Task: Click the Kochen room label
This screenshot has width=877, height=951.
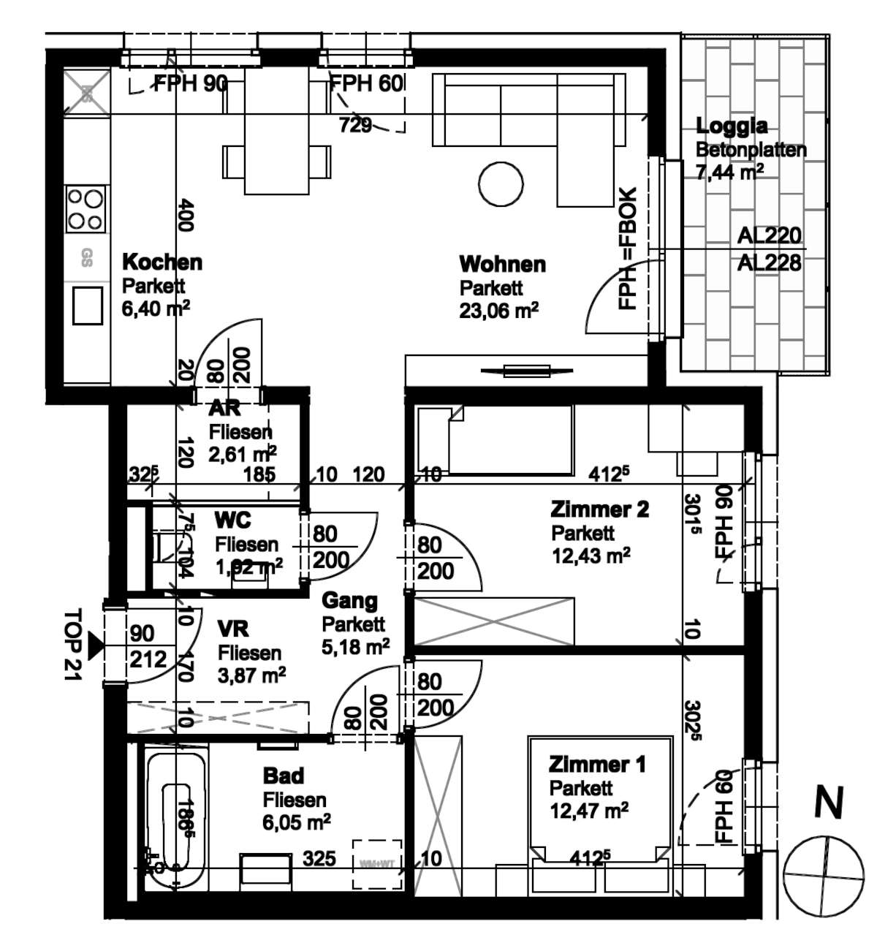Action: coord(162,262)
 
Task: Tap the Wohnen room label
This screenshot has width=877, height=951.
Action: coord(502,264)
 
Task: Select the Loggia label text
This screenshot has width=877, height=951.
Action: coord(732,126)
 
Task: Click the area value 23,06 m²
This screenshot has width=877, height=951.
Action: coord(498,311)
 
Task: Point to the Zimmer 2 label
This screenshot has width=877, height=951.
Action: coord(599,509)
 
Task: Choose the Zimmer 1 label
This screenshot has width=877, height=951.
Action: coord(597,765)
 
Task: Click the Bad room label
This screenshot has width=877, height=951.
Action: coord(284,776)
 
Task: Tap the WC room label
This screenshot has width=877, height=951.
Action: coord(232,520)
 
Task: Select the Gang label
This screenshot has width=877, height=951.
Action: coord(350,601)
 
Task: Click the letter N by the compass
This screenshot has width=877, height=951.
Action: coord(828,803)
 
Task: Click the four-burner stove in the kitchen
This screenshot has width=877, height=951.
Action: coord(85,208)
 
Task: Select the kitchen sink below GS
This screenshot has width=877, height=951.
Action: coord(87,305)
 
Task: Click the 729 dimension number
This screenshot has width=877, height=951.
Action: coord(355,125)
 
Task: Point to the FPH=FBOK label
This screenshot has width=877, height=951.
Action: coord(628,249)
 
